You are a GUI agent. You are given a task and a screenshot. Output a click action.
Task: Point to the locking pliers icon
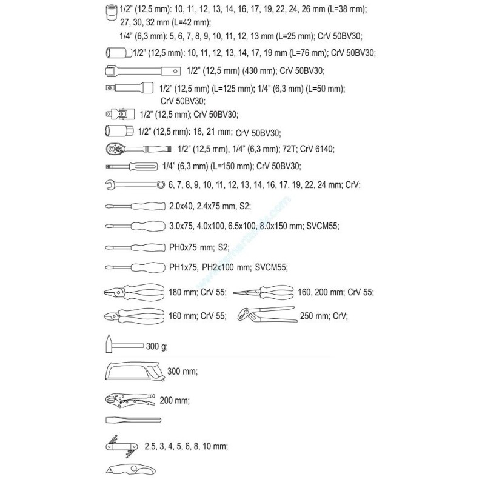coord(129,400)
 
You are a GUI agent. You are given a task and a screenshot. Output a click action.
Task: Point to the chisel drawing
coord(133,420)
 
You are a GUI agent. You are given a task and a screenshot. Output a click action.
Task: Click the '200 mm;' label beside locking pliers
coord(173,401)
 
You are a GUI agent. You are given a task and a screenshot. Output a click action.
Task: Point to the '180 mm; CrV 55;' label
coord(197,293)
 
